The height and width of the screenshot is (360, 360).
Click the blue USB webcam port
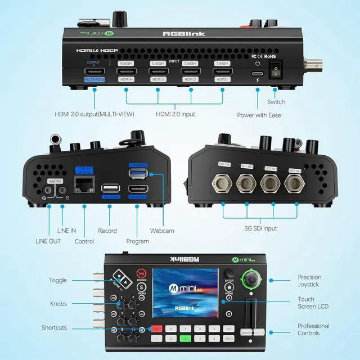(x=137, y=173)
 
